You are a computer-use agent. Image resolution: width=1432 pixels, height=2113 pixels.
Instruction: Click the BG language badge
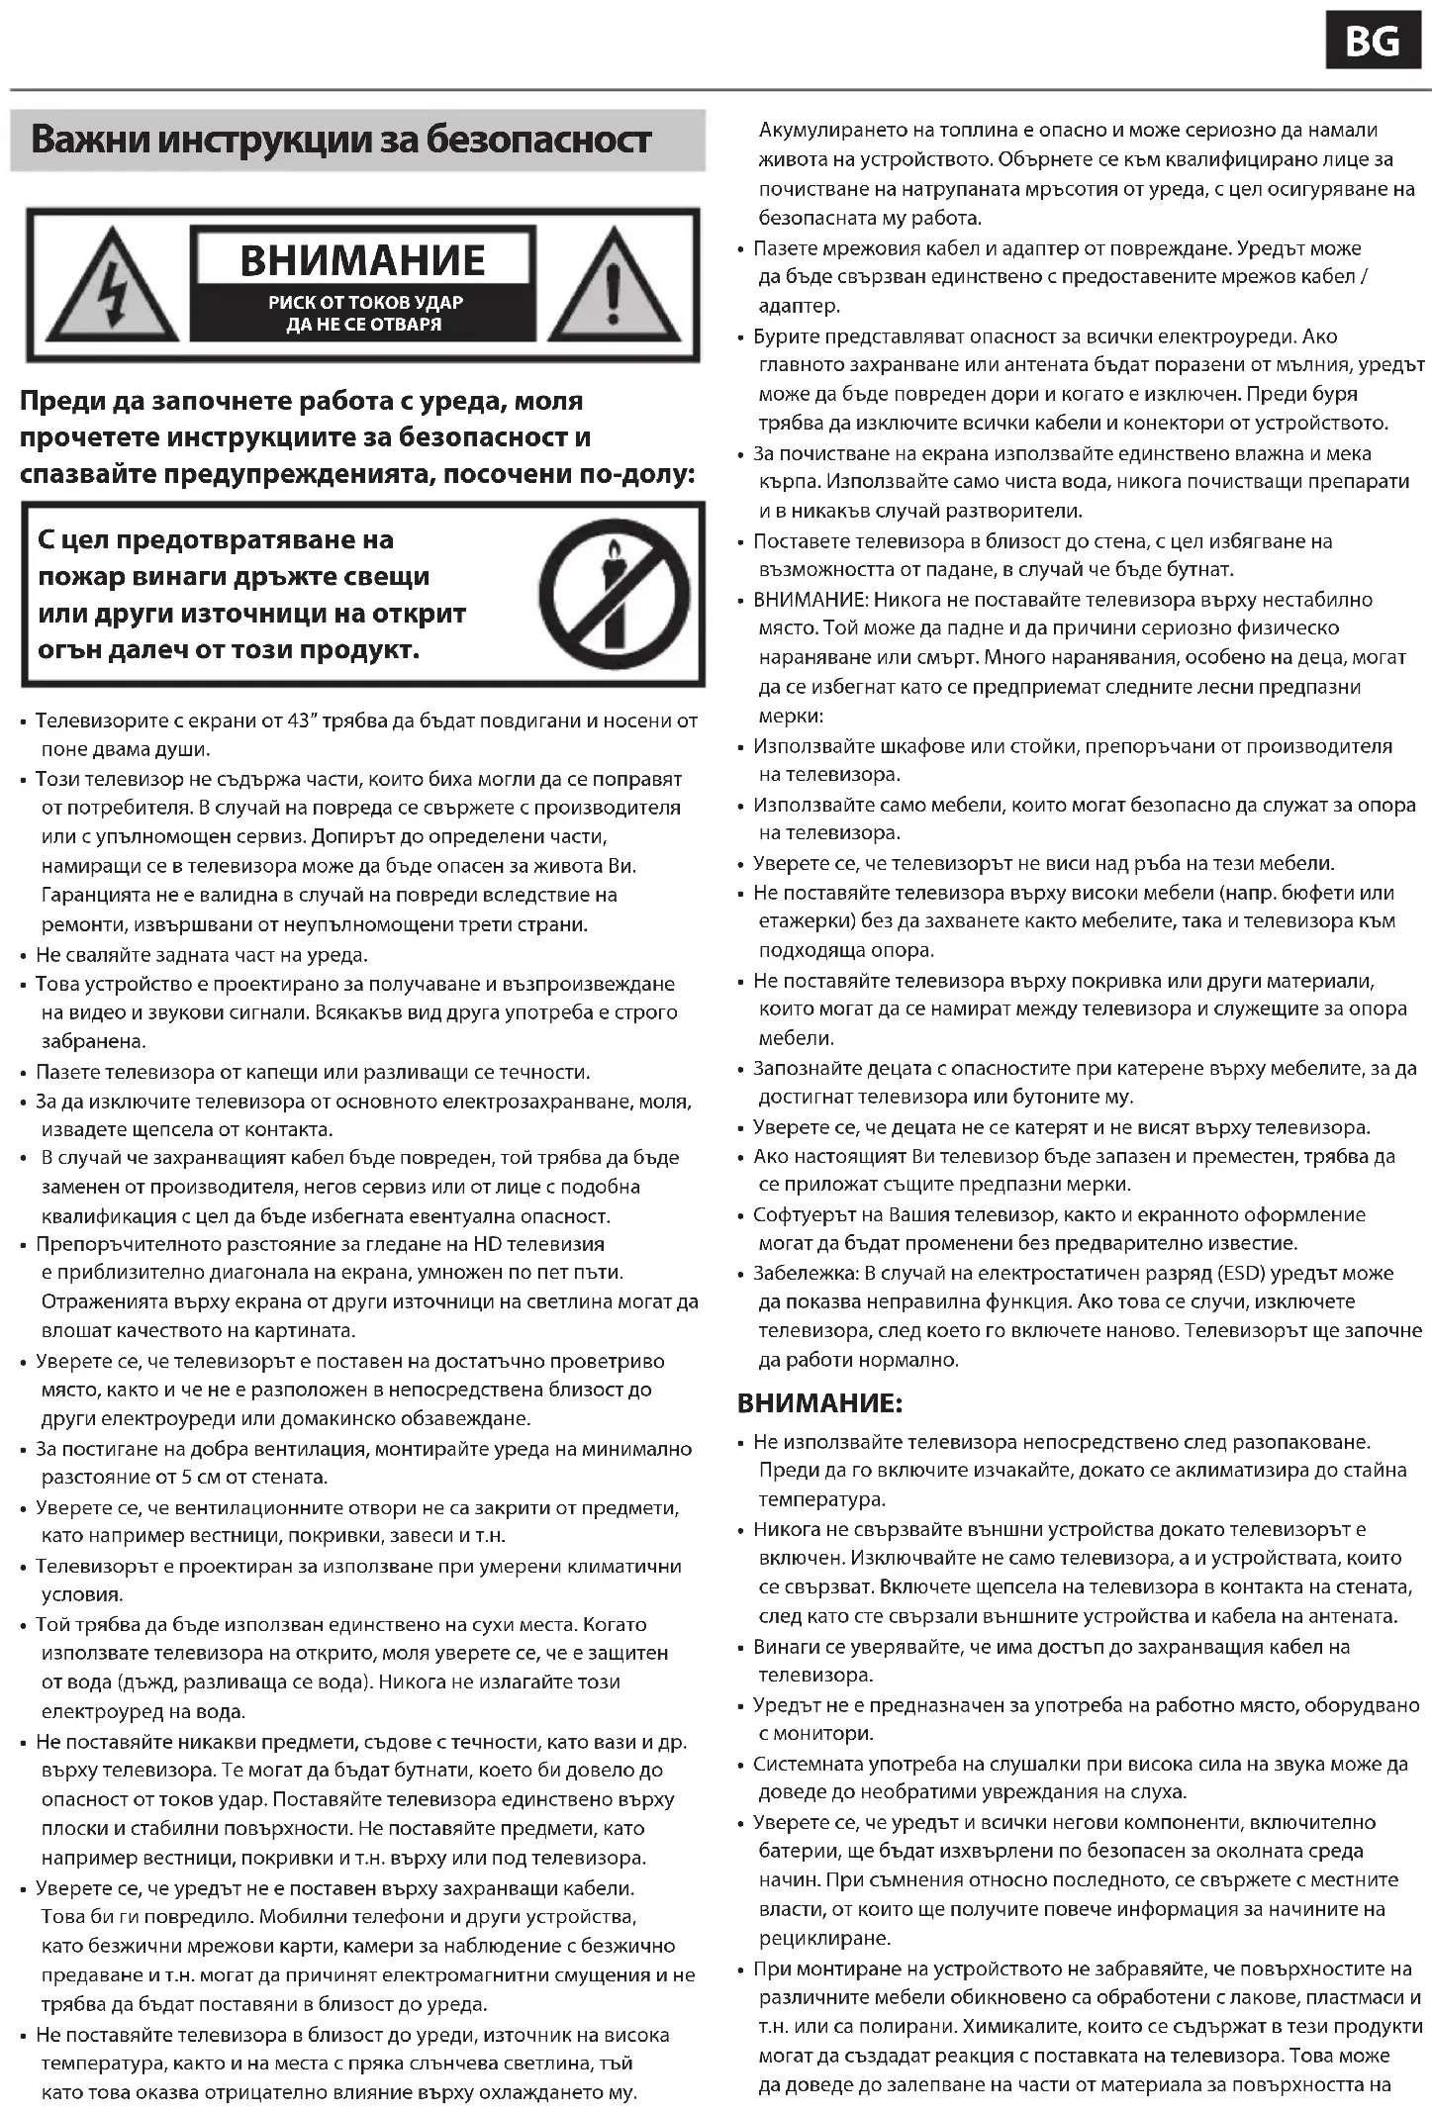click(1372, 42)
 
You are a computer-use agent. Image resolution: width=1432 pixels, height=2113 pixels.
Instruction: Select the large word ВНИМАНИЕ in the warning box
click(362, 260)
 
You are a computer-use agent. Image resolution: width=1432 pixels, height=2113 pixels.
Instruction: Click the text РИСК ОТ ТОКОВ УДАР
click(365, 303)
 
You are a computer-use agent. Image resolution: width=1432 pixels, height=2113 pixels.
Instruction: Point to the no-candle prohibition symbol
click(614, 594)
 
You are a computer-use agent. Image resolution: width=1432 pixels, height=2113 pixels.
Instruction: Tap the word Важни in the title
click(89, 141)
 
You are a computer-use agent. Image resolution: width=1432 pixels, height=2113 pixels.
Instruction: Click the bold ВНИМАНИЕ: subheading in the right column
click(819, 1402)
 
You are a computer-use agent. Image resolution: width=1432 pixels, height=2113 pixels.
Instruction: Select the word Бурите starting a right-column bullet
click(786, 336)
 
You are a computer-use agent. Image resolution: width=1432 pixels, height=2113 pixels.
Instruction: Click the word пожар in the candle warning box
click(75, 576)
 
